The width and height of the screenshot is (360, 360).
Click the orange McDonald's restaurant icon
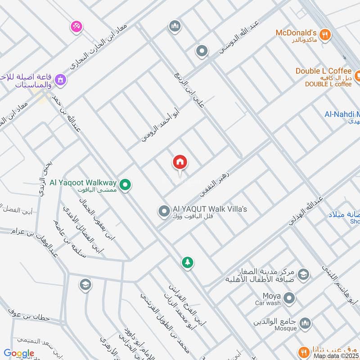click(x=326, y=34)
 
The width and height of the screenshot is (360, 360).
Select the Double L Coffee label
click(x=323, y=71)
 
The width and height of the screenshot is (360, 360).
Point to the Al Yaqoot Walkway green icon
click(x=126, y=184)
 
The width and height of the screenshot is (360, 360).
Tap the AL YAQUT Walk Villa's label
click(x=210, y=210)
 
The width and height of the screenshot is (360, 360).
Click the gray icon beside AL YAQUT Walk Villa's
click(x=163, y=210)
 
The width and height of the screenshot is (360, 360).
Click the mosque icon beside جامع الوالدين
click(x=306, y=324)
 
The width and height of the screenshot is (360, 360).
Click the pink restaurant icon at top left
click(x=76, y=27)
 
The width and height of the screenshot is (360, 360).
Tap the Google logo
click(x=19, y=353)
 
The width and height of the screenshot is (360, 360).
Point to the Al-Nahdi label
click(x=342, y=114)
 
